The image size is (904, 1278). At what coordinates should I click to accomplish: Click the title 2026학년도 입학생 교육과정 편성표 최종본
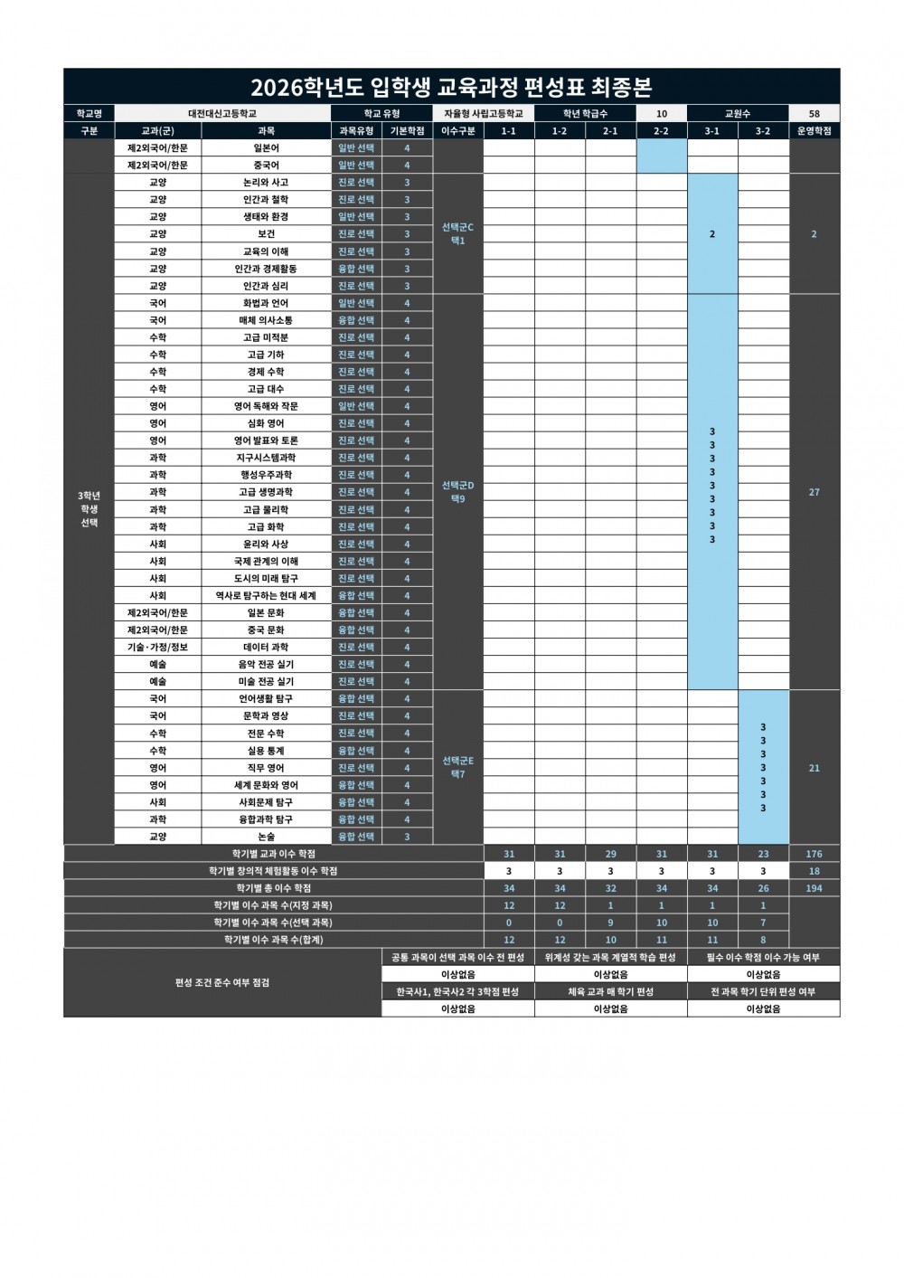click(x=451, y=88)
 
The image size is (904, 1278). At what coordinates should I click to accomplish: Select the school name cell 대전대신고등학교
click(x=222, y=114)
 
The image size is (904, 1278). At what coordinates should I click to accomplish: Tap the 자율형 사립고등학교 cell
click(x=484, y=114)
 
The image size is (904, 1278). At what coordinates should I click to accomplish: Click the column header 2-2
click(x=661, y=131)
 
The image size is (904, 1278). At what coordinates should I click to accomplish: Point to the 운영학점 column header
click(x=814, y=131)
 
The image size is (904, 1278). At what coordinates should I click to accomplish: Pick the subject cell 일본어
click(x=266, y=148)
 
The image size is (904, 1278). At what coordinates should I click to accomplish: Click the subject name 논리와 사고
click(x=266, y=183)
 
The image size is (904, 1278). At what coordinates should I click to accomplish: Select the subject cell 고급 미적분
click(x=266, y=337)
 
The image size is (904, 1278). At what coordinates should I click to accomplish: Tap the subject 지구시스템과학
click(x=266, y=458)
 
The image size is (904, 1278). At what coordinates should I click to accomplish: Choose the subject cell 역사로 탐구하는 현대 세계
click(x=266, y=596)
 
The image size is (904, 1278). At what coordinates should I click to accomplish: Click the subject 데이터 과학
click(x=266, y=648)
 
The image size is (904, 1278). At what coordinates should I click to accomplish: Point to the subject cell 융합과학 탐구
click(x=266, y=819)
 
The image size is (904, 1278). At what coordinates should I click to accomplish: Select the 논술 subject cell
click(x=266, y=837)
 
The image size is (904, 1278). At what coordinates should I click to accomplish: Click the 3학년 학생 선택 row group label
click(x=89, y=509)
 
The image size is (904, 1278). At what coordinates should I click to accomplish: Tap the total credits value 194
click(x=814, y=888)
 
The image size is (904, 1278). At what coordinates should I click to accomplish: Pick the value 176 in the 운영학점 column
click(x=814, y=854)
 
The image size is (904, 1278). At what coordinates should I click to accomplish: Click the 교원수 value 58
click(x=814, y=114)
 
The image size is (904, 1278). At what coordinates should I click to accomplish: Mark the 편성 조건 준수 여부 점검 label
click(x=222, y=983)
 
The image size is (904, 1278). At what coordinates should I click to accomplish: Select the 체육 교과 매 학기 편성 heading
click(x=610, y=992)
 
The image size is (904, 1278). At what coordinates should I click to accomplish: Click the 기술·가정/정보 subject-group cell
click(x=157, y=648)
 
